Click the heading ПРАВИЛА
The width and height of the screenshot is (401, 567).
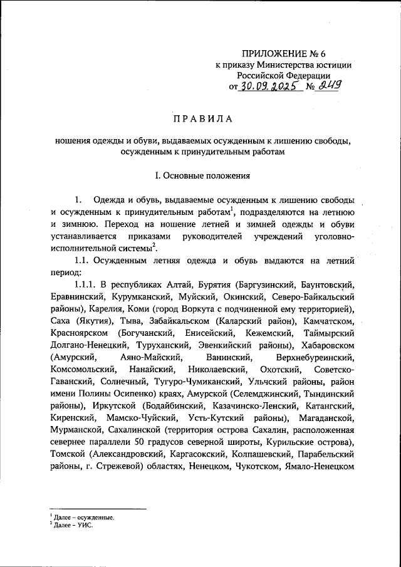[200, 118]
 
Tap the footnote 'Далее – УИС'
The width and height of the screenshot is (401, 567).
[73, 525]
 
